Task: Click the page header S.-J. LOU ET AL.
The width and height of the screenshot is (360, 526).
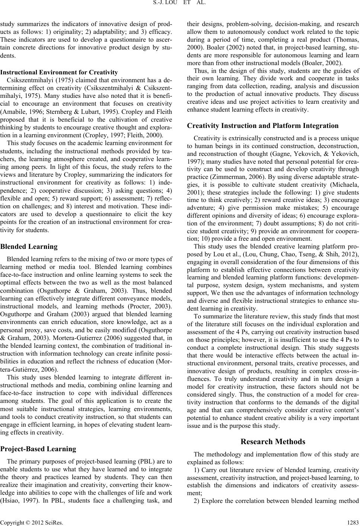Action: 180,5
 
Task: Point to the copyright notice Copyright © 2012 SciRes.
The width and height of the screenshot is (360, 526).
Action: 23,520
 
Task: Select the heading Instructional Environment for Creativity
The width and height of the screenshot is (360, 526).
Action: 59,73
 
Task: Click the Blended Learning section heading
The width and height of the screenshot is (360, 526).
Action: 29,247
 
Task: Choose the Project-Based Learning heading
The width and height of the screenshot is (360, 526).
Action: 39,449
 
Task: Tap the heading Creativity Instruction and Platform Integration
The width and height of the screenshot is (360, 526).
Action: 262,126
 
